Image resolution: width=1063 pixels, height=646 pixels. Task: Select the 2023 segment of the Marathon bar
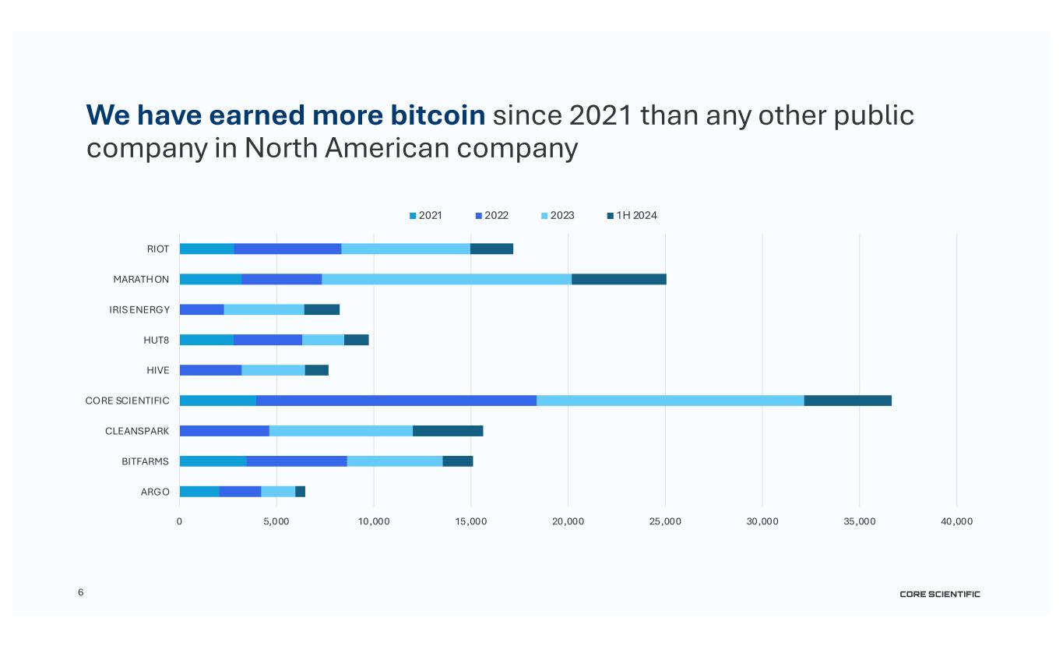coord(446,279)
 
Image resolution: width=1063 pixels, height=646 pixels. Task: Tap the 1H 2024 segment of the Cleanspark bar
coord(448,431)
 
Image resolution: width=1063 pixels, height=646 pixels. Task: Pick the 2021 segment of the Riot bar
coord(206,249)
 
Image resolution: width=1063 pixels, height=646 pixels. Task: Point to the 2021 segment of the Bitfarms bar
coord(213,461)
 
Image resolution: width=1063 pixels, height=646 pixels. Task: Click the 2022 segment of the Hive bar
coord(210,370)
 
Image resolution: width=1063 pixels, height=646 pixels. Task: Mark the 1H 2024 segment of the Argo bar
coord(300,492)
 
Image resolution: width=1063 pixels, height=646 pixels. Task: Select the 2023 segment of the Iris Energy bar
coord(263,309)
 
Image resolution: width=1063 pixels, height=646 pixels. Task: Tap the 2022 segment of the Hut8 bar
coord(267,340)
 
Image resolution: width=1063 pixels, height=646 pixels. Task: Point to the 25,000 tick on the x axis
coord(665,521)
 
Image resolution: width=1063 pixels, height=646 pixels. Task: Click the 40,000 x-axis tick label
coord(956,521)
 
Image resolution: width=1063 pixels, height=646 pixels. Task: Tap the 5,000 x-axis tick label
coord(276,521)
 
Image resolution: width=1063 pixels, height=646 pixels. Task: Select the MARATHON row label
coord(141,279)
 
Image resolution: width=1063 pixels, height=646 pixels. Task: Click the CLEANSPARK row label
coord(137,431)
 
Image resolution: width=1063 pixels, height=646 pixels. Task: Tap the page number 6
coord(80,593)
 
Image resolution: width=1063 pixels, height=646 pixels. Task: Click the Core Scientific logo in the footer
coord(940,595)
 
